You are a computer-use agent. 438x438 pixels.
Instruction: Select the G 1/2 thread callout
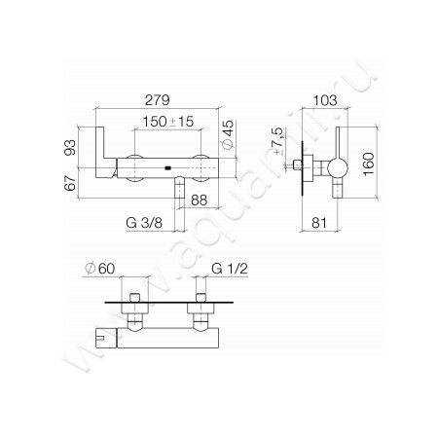coord(230,268)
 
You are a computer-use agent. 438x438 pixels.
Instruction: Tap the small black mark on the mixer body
coord(170,168)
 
